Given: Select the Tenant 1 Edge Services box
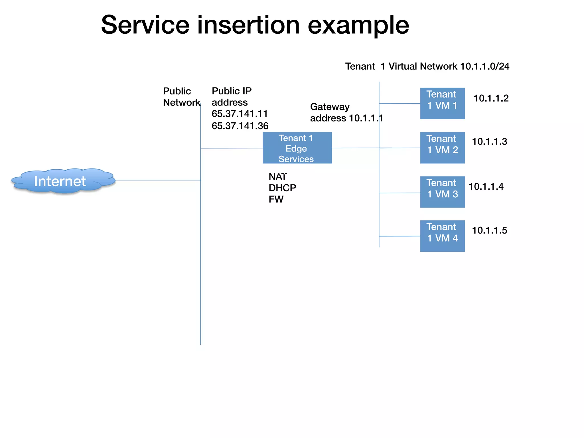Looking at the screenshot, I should coord(297,148).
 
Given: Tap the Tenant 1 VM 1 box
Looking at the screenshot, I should coord(442,104).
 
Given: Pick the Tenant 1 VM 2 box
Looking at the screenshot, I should coord(442,148).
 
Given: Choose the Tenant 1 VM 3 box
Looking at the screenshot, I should coord(442,192).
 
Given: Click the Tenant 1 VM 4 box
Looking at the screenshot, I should coord(442,236).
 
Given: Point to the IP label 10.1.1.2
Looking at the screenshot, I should coord(491,98).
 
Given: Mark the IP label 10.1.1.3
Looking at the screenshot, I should coord(489,142).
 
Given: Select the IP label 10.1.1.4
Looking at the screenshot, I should coord(486,187).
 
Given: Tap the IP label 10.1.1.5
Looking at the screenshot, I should coord(489,230).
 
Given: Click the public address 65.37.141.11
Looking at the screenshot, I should coord(240,114).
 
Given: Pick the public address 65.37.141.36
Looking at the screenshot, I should coord(240,126).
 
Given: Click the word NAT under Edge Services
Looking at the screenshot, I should coord(277,177).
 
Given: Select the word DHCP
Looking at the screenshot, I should coord(282,188).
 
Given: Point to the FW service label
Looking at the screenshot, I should coord(276,199).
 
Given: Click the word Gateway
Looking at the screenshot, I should coord(330,107).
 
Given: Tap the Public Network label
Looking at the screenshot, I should coord(181,97).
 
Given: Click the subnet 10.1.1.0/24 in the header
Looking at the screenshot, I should coord(484,66).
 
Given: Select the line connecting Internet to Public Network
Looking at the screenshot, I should coord(158,180).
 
